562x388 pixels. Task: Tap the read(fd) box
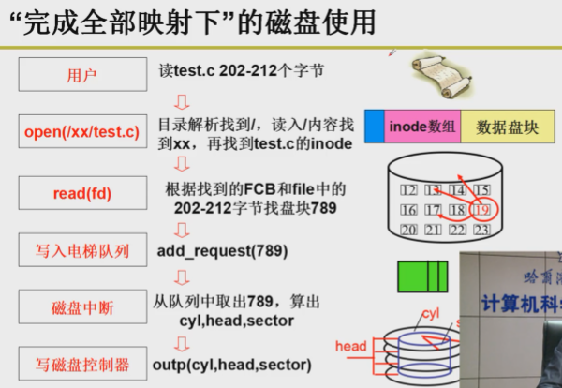point(81,193)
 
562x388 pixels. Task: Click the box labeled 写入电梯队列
point(81,250)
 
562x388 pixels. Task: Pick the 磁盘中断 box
point(81,307)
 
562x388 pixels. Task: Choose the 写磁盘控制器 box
point(81,364)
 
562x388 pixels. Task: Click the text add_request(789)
point(222,250)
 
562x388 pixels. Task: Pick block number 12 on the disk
point(408,190)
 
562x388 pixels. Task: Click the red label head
point(350,347)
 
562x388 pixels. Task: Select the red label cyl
point(430,312)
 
